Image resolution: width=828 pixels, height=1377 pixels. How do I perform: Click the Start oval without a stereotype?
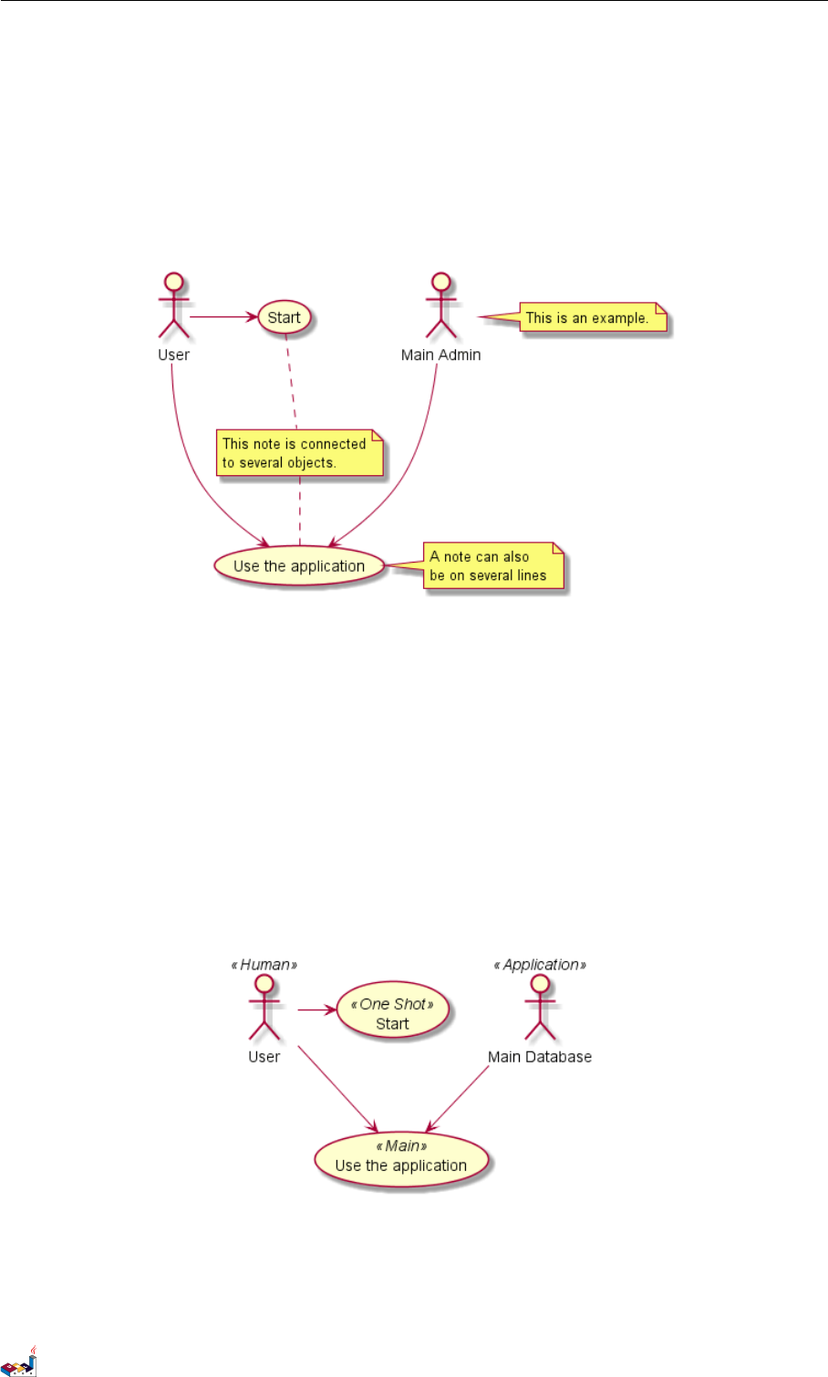(x=285, y=317)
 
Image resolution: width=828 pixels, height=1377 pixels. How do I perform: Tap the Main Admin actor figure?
(x=441, y=305)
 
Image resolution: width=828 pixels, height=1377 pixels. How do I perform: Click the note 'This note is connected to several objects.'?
(x=297, y=453)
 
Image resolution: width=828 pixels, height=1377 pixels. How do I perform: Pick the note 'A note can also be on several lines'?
(x=493, y=566)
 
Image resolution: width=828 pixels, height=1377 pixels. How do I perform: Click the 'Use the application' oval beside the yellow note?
(x=299, y=566)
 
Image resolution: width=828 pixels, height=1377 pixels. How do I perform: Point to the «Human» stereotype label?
(x=264, y=965)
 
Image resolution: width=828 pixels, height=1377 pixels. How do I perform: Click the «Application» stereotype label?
(x=540, y=965)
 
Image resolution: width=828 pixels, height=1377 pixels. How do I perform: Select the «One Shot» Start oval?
(x=392, y=1013)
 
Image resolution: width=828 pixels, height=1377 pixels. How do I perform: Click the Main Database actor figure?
(x=540, y=1008)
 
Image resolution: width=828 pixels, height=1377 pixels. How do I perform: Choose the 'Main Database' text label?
(x=540, y=1057)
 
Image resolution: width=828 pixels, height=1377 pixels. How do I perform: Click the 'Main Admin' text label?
(x=441, y=355)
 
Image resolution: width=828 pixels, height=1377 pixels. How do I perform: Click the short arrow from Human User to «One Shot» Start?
(x=316, y=1009)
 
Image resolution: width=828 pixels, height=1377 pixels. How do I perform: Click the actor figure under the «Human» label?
(x=264, y=1008)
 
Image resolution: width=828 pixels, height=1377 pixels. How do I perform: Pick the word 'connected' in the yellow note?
(x=333, y=444)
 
